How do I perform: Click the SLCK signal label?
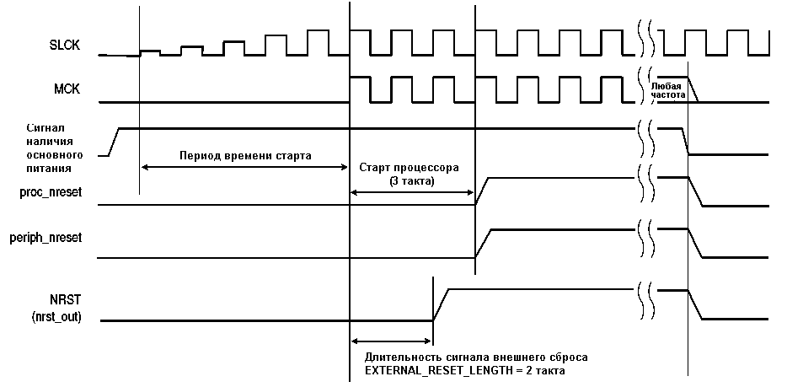(65, 46)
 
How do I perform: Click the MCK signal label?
(67, 90)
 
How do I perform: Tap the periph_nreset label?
(46, 237)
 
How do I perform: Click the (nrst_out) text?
(56, 318)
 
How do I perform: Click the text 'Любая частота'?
(667, 89)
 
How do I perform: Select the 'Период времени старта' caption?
(245, 155)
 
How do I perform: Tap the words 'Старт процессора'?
(409, 168)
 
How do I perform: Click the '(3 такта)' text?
(411, 182)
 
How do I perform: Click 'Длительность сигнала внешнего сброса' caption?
(476, 357)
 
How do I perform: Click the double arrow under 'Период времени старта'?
(244, 167)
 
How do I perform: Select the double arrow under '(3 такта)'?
(412, 191)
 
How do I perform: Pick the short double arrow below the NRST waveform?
(392, 341)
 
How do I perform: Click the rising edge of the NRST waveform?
(441, 304)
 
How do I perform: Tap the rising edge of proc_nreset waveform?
(482, 191)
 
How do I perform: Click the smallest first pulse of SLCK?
(150, 52)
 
